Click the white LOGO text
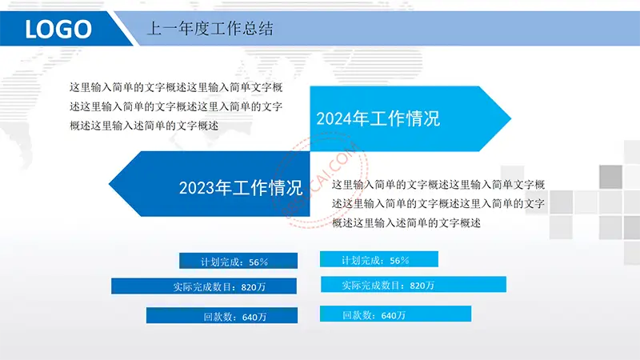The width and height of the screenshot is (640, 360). (58, 29)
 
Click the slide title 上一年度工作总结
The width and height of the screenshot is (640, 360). (210, 29)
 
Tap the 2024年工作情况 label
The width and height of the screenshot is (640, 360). (378, 118)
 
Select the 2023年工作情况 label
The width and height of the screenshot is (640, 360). (241, 188)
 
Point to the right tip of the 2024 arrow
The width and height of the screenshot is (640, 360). (511, 118)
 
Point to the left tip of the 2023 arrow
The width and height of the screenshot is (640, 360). (109, 184)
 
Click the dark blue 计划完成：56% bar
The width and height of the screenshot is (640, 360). (238, 261)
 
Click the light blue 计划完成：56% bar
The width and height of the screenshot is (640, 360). (378, 259)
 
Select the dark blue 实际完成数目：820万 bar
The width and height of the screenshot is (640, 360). (204, 286)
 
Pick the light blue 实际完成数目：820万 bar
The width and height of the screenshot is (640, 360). (414, 285)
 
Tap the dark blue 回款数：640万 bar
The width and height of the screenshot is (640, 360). (222, 315)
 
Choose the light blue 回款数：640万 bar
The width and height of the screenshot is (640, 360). (395, 314)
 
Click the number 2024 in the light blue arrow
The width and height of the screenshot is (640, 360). (334, 118)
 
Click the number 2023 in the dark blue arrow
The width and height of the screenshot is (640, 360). (197, 188)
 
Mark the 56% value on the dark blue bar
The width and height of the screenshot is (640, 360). (258, 262)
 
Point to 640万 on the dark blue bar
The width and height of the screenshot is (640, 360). (254, 317)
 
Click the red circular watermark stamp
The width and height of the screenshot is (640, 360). (320, 179)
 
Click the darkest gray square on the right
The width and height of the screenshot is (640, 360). (610, 177)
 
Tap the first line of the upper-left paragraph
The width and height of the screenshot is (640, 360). (176, 87)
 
